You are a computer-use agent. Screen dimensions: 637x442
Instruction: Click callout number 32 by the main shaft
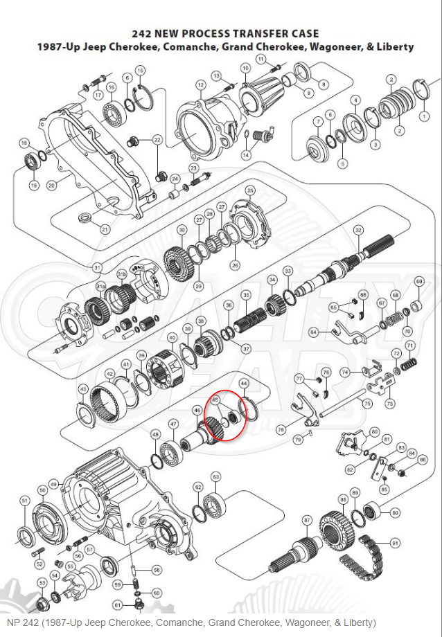coord(358,230)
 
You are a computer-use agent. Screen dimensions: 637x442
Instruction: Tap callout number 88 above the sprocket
coord(343,499)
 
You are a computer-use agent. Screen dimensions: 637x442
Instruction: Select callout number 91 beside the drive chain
coord(396,543)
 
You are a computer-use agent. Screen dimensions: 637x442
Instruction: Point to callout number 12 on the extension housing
coord(200,85)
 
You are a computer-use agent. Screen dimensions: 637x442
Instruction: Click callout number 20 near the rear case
coord(51,186)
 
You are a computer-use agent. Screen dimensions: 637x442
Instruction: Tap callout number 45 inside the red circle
coord(215,400)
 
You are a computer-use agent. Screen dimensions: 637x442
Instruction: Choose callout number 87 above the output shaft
coord(308,519)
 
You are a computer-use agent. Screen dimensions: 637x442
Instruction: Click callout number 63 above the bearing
coord(215,476)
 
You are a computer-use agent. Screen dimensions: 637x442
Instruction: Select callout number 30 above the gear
coord(182,230)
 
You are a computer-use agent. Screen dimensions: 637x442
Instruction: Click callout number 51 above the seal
coord(24,500)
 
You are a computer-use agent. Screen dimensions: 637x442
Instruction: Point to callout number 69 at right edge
coord(418,282)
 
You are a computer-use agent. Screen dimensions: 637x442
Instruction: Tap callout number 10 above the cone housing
coord(245,68)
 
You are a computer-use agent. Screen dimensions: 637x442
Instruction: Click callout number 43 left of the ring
coord(83,388)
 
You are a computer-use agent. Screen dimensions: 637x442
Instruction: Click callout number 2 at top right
coord(391,80)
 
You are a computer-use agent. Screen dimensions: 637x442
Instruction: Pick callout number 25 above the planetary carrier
coord(250,190)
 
